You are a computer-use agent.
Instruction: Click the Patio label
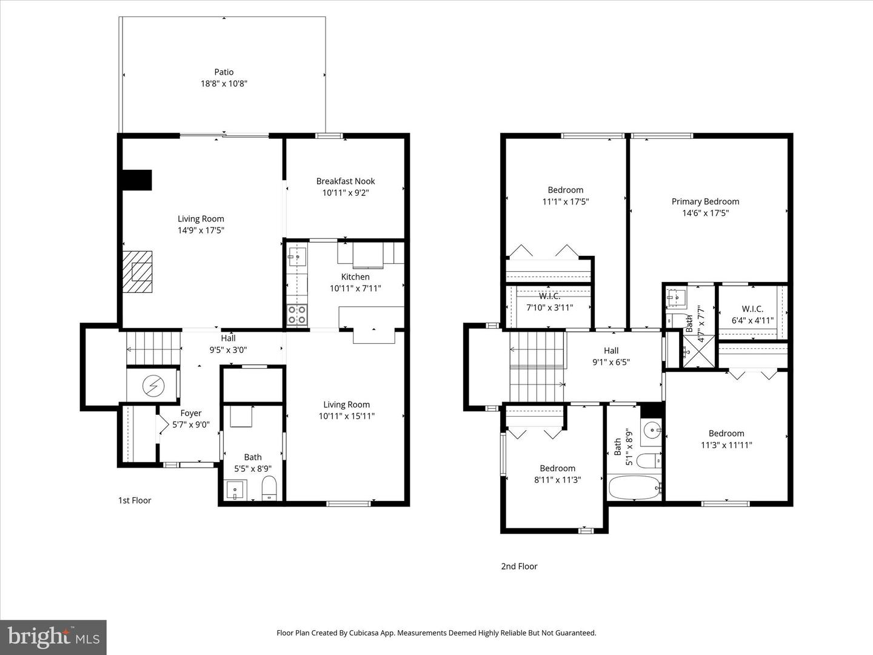[224, 72]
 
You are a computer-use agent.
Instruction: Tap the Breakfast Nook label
[346, 181]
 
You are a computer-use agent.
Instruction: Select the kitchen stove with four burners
[296, 314]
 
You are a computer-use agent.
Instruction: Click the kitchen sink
[297, 258]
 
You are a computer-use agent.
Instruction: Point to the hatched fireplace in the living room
[137, 272]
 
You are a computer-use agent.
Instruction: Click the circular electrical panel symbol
[153, 385]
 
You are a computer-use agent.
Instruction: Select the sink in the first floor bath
[235, 490]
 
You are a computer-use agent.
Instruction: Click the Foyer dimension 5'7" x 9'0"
[191, 425]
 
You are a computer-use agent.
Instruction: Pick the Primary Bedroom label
[705, 201]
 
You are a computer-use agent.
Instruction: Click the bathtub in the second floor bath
[634, 487]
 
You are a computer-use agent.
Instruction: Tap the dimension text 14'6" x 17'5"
[705, 213]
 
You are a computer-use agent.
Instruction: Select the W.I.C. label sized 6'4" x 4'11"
[752, 309]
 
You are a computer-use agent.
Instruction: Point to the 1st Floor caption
[135, 500]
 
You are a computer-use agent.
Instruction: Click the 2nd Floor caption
[519, 566]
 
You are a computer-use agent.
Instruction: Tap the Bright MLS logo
[53, 637]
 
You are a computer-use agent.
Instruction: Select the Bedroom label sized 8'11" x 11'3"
[557, 468]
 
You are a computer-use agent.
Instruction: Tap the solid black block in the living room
[137, 180]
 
